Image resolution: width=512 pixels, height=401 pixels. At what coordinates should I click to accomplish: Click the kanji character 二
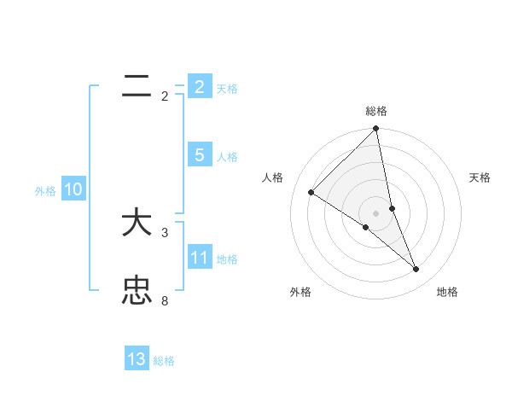click(137, 86)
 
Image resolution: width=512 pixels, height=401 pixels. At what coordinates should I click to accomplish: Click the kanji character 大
click(137, 224)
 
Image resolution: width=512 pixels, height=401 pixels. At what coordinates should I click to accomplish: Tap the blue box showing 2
click(199, 87)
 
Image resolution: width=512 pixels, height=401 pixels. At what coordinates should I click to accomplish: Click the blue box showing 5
click(199, 155)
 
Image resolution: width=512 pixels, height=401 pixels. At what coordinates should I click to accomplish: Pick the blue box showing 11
click(199, 258)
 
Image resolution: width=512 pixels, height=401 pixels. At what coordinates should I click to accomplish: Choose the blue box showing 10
click(73, 189)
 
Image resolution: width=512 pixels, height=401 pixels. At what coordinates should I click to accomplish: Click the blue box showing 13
click(137, 359)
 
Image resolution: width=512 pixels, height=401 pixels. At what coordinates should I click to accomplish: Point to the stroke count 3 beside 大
click(165, 232)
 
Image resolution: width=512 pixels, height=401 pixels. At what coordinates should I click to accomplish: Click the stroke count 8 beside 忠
click(165, 300)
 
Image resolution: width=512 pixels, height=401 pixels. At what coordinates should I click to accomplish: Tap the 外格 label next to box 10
click(45, 191)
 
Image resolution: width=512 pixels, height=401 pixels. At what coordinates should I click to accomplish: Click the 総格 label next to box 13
click(164, 361)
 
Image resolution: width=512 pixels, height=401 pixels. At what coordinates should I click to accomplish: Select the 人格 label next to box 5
click(227, 157)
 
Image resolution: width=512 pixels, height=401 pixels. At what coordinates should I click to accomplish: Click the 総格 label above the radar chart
click(376, 111)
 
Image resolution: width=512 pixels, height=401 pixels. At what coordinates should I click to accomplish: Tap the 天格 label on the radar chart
click(480, 177)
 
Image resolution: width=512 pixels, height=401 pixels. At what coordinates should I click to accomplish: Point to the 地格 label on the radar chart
click(447, 292)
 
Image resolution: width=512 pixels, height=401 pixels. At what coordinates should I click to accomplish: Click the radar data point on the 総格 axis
click(376, 129)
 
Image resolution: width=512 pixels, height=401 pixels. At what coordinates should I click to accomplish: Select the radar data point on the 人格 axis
click(311, 192)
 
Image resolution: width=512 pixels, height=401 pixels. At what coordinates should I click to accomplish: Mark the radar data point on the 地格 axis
click(416, 269)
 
